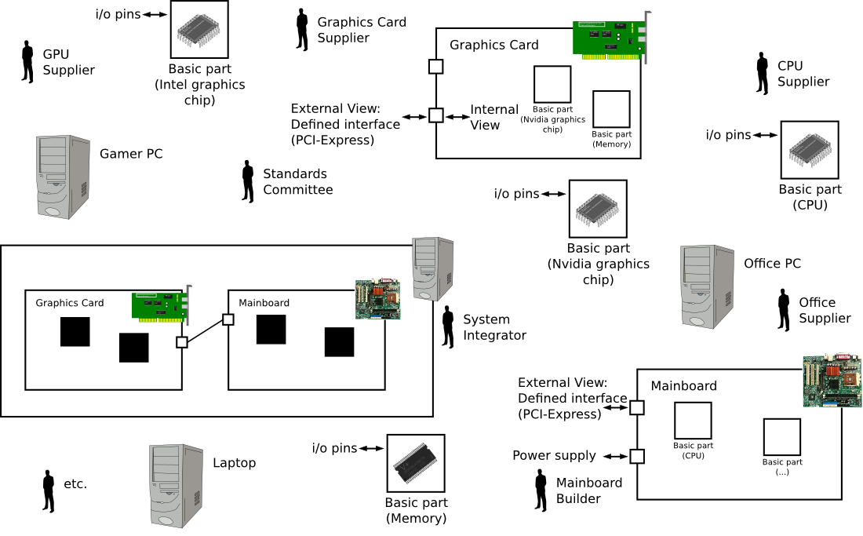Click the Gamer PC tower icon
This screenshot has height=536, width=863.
coord(63,176)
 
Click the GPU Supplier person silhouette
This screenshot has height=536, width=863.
coord(27,63)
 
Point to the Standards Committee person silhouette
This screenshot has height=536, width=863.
coord(248,181)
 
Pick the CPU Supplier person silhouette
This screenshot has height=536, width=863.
coord(761,74)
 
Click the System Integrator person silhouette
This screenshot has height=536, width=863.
coord(448,326)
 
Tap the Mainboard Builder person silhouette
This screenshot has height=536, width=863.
coord(541,490)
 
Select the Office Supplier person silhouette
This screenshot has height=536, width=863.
coord(783,309)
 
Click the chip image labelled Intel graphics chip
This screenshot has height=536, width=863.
coord(198,30)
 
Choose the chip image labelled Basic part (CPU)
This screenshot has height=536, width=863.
coord(810,149)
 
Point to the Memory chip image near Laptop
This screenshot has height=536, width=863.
coord(417,463)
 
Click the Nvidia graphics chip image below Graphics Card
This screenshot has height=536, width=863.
coord(597,210)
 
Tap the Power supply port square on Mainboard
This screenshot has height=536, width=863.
coord(637,456)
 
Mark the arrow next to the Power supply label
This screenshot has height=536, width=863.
coord(614,456)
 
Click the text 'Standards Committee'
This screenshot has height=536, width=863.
coord(297,182)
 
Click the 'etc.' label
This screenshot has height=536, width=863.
coord(75,483)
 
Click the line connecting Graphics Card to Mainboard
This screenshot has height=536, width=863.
coord(205,331)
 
